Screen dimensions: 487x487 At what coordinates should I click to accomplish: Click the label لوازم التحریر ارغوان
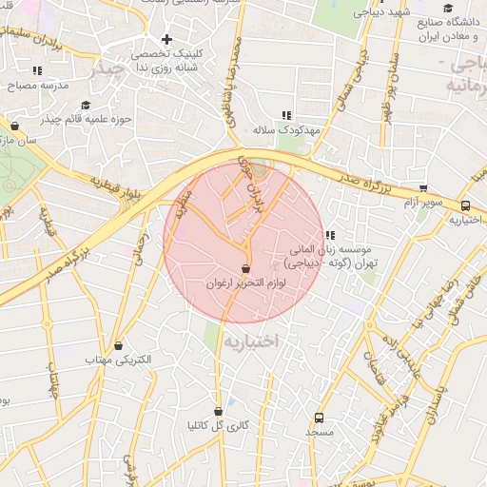point(245,283)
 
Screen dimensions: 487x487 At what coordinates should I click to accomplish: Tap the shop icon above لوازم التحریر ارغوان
point(246,268)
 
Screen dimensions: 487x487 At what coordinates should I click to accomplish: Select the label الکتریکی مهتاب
point(119,361)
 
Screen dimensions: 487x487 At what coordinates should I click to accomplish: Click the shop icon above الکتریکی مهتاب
point(119,346)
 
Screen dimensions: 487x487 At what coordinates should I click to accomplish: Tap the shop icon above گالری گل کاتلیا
point(219,412)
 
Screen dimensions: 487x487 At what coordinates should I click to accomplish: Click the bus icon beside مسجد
point(319,418)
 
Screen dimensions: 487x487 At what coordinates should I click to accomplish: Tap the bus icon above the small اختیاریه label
point(465,205)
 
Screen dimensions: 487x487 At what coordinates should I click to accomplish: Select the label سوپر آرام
point(422,204)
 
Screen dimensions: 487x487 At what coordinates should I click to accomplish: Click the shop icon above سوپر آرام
point(423,188)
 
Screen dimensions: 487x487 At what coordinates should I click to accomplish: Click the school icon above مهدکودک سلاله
point(286,115)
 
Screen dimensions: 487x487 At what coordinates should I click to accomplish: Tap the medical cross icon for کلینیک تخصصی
point(167,40)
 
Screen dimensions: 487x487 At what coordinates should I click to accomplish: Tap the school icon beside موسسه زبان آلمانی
point(329,236)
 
